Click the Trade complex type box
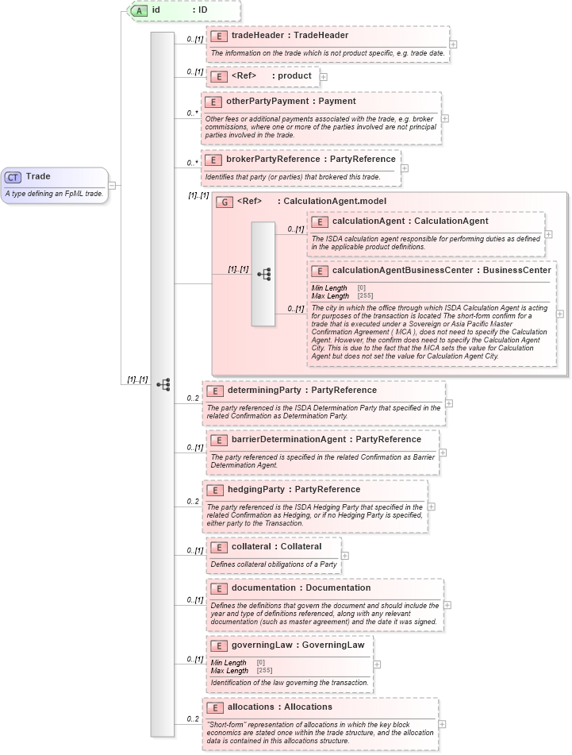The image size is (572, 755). click(x=54, y=185)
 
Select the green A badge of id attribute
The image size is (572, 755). click(x=139, y=10)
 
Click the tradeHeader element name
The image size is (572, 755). click(x=290, y=36)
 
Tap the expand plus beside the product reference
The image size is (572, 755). click(x=324, y=76)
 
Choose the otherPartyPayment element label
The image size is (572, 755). click(x=290, y=102)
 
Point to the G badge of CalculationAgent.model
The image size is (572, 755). click(x=225, y=202)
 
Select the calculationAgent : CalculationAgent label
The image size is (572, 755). click(x=410, y=221)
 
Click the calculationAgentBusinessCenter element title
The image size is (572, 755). click(x=441, y=271)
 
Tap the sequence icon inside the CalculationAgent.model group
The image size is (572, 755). click(x=263, y=274)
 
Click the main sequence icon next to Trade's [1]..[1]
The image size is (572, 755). click(x=163, y=384)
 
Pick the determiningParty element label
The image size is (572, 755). click(x=301, y=391)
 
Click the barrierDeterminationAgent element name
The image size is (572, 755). click(x=326, y=439)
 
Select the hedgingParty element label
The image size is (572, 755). click(x=295, y=490)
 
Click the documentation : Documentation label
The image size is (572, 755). click(x=301, y=588)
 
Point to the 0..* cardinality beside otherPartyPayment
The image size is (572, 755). click(x=191, y=113)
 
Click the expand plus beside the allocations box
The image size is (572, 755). click(x=443, y=724)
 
